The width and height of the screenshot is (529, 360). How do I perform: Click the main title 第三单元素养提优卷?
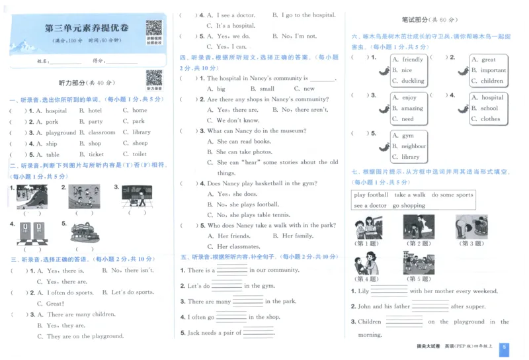[87, 28]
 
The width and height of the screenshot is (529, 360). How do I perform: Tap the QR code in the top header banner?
[153, 28]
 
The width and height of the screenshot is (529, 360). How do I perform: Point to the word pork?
[52, 122]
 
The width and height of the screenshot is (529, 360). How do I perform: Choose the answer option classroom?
[102, 132]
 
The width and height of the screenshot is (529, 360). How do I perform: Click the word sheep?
[140, 144]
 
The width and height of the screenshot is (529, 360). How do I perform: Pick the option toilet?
[139, 155]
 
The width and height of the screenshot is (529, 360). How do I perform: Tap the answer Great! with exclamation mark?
[55, 304]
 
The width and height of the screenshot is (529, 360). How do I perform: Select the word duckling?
[413, 81]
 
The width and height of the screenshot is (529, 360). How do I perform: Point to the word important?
[493, 70]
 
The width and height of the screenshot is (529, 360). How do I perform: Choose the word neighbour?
[413, 146]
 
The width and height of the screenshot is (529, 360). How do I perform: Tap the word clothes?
[490, 119]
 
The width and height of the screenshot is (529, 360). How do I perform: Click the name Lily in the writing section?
[363, 291]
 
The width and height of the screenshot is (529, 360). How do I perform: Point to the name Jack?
[193, 333]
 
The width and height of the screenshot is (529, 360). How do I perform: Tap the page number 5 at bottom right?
[505, 347]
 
